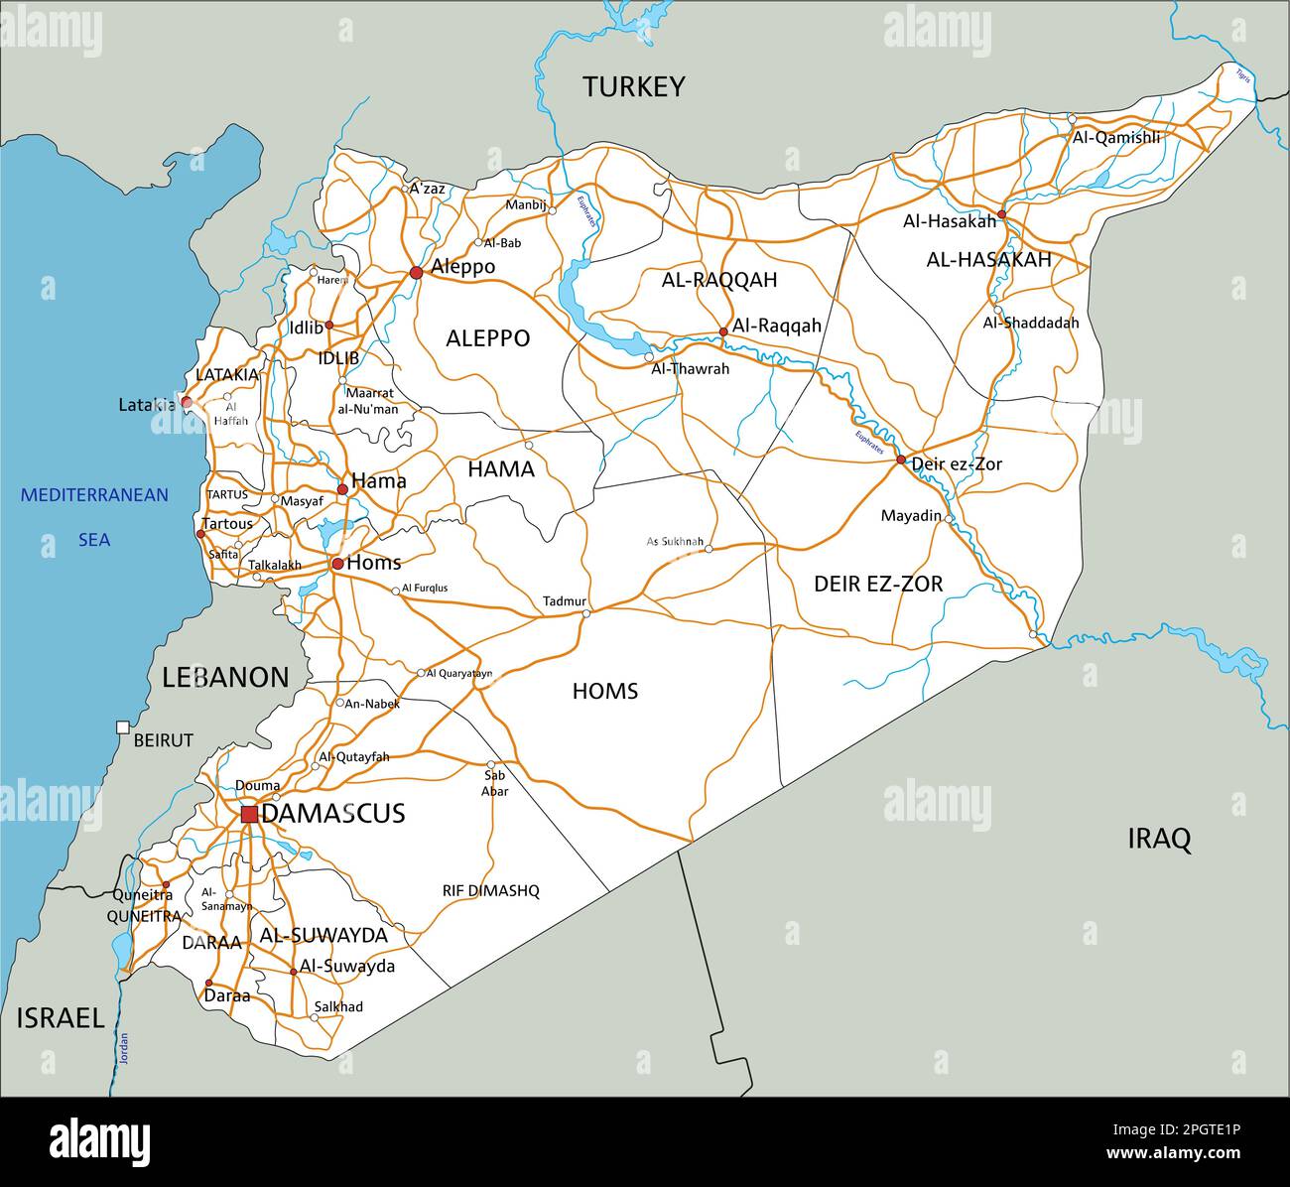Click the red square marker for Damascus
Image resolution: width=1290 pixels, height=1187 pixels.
(249, 814)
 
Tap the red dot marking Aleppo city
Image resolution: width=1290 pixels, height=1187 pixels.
(416, 272)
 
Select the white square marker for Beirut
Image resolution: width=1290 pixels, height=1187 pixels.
(122, 727)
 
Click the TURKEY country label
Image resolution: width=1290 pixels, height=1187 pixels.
(633, 87)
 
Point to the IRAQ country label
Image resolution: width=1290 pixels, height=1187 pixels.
(1158, 840)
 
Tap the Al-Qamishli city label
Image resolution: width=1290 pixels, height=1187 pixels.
(1115, 138)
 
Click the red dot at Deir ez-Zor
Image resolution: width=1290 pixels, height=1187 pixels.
(901, 460)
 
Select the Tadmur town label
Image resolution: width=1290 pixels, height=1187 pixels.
(565, 601)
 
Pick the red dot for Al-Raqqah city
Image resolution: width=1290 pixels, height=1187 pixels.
(723, 332)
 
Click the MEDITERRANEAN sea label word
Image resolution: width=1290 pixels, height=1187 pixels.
(95, 494)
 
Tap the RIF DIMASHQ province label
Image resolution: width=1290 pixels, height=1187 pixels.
(490, 891)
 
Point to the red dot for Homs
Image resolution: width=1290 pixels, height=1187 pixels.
(337, 564)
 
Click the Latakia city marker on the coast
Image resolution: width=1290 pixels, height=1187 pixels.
(186, 403)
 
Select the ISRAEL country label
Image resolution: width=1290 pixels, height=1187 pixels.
(61, 1018)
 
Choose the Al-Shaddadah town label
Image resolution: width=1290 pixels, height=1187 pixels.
(1030, 323)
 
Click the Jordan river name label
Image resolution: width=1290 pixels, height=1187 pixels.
(125, 1049)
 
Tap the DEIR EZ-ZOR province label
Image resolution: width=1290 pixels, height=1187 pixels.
(878, 584)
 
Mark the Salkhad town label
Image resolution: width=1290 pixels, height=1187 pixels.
(337, 1006)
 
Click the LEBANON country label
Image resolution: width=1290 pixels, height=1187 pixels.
(225, 678)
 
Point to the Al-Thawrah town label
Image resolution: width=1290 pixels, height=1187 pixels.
(690, 368)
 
